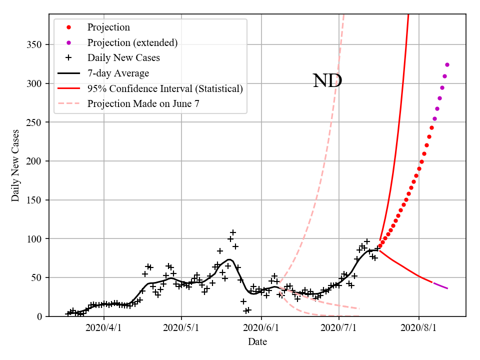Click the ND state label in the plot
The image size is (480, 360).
coord(327,81)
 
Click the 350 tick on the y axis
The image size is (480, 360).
coord(35,45)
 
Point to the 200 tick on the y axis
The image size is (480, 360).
coord(35,161)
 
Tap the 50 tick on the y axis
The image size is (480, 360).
coord(37,278)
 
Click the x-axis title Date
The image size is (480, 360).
coord(257,342)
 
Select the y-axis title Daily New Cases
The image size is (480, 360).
coord(15,165)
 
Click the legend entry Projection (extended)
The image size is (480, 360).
coord(132,42)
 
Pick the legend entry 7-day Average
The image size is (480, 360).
coord(118,73)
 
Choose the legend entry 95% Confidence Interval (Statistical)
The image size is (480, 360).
coord(165,88)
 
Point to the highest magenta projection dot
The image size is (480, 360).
coord(447,64)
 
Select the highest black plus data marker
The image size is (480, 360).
coord(233,232)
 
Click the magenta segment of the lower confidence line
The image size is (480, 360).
coord(440,286)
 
